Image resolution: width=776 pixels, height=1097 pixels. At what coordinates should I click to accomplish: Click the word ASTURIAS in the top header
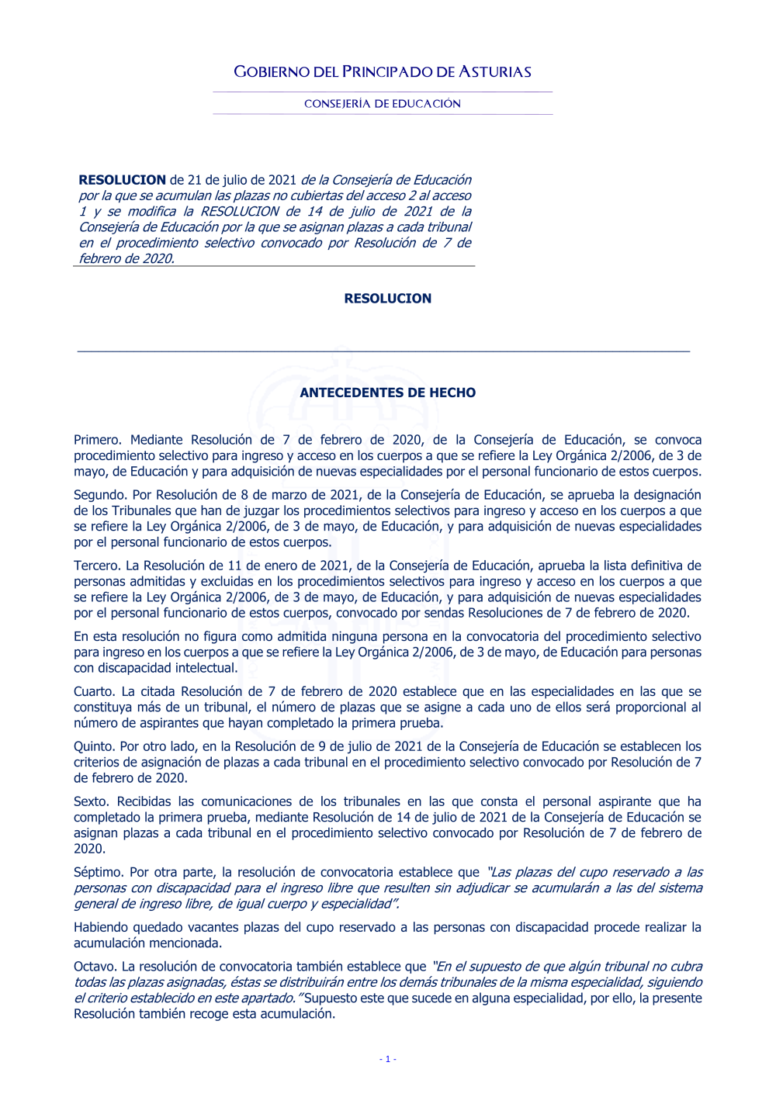[495, 72]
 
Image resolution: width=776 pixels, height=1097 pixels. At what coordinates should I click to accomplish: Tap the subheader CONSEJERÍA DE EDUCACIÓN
[383, 104]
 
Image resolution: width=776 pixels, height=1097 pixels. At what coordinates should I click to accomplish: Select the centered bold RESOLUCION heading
[387, 299]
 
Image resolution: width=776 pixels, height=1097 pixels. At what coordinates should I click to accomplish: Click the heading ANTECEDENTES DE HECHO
[387, 393]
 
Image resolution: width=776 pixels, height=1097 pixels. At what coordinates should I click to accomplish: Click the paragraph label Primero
[97, 440]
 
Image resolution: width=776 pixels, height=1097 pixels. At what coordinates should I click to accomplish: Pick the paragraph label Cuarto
[94, 691]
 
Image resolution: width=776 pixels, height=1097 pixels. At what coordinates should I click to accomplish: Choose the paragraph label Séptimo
[99, 872]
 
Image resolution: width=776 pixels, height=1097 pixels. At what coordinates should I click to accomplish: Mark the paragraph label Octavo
[94, 967]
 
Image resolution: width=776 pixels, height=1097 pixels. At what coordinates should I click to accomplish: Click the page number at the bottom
[388, 1059]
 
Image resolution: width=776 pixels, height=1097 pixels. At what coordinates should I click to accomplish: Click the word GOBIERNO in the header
[271, 72]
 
